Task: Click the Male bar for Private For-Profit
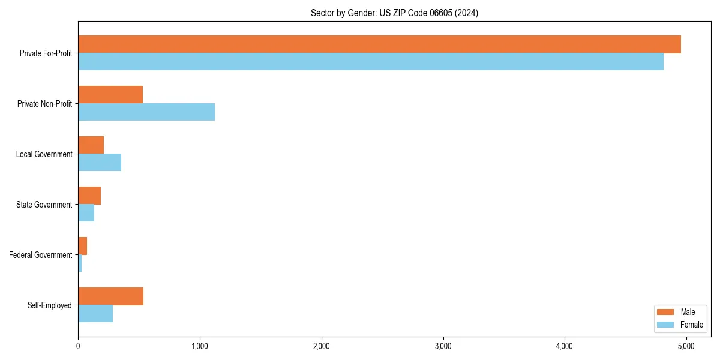coord(379,44)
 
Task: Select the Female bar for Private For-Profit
coord(371,62)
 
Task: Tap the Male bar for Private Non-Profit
coord(110,95)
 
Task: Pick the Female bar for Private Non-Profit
coord(146,112)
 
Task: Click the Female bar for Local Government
coord(100,163)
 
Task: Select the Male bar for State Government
coord(89,196)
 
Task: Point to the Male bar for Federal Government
coord(83,246)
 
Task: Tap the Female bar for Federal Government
coord(80,263)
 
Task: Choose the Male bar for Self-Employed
coord(110,296)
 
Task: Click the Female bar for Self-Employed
coord(95,314)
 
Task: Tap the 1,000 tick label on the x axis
coord(200,346)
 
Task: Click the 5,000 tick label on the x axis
coord(686,346)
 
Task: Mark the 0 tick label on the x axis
coord(78,346)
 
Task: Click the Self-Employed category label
coord(50,305)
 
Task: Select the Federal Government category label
coord(41,255)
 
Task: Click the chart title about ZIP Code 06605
coord(394,13)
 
